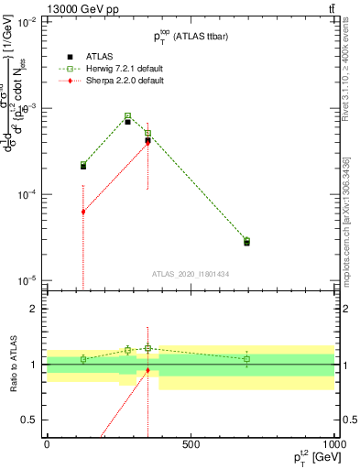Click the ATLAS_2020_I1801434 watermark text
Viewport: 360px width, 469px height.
191,274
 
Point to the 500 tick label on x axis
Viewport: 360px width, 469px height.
191,444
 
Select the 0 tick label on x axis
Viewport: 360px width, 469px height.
47,444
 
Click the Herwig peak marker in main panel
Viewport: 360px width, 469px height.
128,116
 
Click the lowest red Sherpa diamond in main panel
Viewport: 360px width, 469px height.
83,212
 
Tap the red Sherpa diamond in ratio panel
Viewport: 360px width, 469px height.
147,370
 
